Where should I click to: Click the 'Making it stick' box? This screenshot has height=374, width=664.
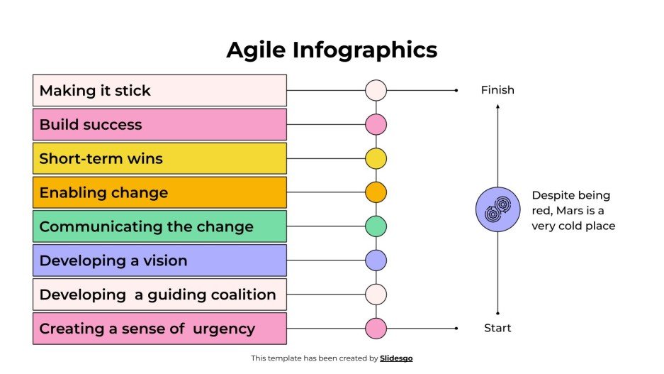pos(159,91)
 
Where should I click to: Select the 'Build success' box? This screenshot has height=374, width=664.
pos(159,125)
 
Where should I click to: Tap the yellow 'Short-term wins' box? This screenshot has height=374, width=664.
pos(159,159)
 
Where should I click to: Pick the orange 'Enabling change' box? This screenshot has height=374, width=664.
pos(159,192)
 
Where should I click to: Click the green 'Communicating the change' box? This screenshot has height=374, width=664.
pos(159,226)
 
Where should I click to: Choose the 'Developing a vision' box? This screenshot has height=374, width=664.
pos(159,260)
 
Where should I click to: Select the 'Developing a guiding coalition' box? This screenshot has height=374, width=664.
pos(159,295)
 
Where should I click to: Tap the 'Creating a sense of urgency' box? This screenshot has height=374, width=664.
pos(159,329)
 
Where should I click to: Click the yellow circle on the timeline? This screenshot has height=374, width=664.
pos(376,159)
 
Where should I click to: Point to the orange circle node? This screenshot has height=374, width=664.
pos(376,192)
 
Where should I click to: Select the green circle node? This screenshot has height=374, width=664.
pos(376,226)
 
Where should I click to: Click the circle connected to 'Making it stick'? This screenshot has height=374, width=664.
pos(376,90)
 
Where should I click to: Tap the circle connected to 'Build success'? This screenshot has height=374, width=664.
pos(376,125)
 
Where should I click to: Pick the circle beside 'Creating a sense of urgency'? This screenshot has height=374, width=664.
pos(376,329)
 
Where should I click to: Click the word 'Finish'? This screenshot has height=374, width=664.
pos(497,90)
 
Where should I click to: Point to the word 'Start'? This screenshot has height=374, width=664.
pos(497,328)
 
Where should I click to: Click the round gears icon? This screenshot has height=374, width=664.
pos(497,209)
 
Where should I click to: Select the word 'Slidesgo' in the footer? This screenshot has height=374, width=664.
pos(396,358)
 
